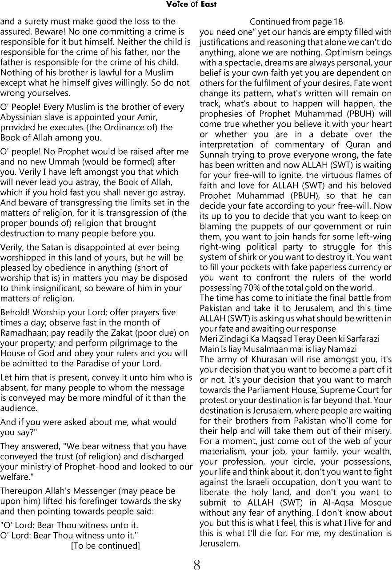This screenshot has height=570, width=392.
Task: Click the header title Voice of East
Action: [191, 4]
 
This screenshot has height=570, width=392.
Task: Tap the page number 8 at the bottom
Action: [196, 565]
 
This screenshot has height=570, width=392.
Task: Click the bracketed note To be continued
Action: [105, 546]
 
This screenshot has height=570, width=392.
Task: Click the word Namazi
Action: [342, 349]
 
